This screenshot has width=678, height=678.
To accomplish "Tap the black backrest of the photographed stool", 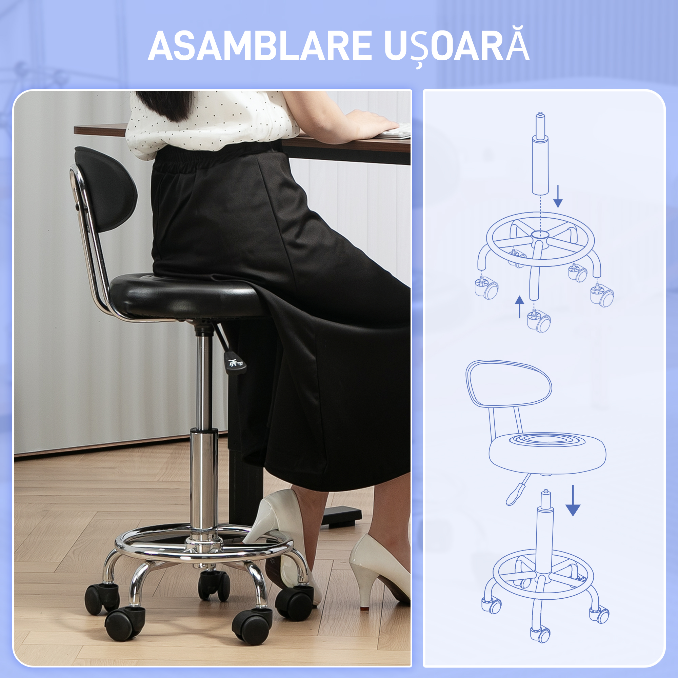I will [105, 190].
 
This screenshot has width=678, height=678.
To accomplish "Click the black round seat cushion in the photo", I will [182, 295].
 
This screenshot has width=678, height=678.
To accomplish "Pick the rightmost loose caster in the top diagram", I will [601, 296].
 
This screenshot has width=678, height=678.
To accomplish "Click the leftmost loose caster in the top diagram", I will [486, 288].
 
